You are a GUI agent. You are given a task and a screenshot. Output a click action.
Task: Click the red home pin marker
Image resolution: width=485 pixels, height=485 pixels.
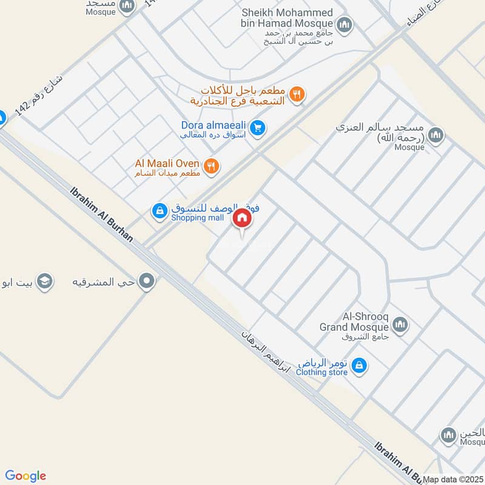pyautogui.click(x=242, y=218)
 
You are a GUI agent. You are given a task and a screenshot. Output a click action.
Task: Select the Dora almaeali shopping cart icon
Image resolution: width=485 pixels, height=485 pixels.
pyautogui.click(x=258, y=129)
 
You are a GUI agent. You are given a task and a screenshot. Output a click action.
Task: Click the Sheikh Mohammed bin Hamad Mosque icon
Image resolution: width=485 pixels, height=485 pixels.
pyautogui.click(x=344, y=25)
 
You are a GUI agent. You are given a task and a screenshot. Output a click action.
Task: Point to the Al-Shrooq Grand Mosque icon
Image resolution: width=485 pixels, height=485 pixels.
pyautogui.click(x=399, y=325)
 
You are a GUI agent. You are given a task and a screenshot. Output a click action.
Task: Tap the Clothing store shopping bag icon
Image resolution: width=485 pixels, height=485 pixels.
pyautogui.click(x=359, y=366)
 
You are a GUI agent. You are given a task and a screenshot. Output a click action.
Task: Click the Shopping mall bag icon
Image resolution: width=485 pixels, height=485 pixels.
pyautogui.click(x=159, y=211)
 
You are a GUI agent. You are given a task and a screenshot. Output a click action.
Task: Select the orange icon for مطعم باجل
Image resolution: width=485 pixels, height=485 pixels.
pyautogui.click(x=296, y=94)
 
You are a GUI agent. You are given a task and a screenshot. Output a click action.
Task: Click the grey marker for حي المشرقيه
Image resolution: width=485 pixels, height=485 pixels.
pyautogui.click(x=146, y=281)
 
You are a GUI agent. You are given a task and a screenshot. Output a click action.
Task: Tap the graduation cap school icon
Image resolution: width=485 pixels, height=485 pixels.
pyautogui.click(x=44, y=281)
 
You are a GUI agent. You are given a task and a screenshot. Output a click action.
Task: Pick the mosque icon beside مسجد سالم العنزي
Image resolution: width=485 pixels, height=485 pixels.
pyautogui.click(x=435, y=135)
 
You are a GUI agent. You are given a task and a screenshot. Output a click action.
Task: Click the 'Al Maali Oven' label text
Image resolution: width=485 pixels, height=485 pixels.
pyautogui.click(x=167, y=164)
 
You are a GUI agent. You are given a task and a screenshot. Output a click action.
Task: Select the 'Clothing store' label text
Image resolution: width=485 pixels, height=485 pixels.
pyautogui.click(x=321, y=372)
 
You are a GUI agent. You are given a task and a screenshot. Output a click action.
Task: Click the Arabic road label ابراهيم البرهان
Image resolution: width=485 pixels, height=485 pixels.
pyautogui.click(x=267, y=352)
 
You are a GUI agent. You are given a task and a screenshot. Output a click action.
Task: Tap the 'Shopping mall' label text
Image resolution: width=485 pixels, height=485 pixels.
pyautogui.click(x=197, y=218)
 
